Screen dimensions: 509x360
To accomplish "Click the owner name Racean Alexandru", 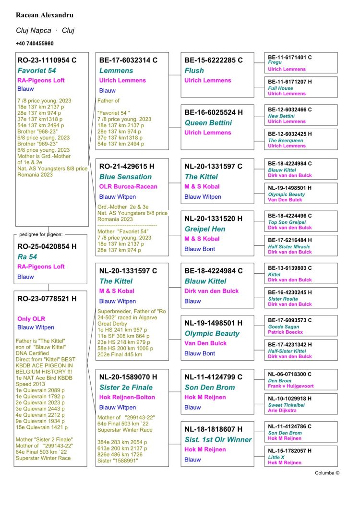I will click(x=45, y=15).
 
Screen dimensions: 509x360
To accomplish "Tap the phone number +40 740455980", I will click(x=35, y=44).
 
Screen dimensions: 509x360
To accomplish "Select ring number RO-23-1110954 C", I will click(x=47, y=61).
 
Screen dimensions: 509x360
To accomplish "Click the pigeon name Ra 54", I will click(x=27, y=257).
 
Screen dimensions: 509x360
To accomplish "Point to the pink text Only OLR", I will click(x=31, y=318).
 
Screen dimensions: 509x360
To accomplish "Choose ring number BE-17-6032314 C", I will click(x=128, y=61).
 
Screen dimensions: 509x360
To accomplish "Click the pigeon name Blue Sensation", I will click(x=125, y=177).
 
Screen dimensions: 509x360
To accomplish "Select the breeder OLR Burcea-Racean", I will click(x=128, y=186).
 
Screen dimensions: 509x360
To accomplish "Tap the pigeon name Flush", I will click(x=194, y=71).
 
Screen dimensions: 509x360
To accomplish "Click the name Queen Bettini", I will click(x=208, y=123).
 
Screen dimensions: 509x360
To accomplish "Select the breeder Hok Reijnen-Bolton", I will click(x=127, y=397).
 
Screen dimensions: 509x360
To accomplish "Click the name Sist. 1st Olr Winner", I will click(x=218, y=439).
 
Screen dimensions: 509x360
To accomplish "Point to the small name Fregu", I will click(x=275, y=63).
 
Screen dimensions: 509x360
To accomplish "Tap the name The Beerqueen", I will click(x=286, y=140).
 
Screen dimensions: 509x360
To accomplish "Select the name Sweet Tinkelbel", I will click(x=286, y=405).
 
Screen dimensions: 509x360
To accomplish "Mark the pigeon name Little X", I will click(x=277, y=457).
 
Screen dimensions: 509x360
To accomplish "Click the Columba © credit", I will click(x=327, y=473).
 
